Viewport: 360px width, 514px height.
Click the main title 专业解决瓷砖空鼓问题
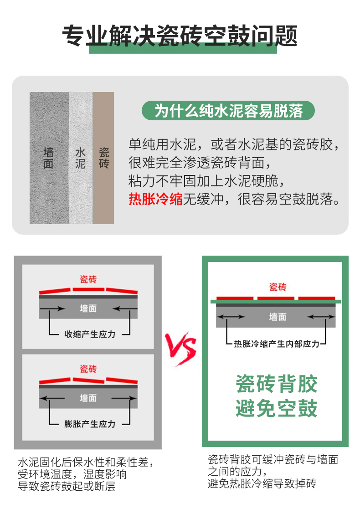tap(180, 35)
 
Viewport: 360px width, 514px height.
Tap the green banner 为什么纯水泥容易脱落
tap(228, 111)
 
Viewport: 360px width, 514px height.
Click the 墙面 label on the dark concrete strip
tap(48, 158)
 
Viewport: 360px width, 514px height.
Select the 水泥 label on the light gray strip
tap(81, 158)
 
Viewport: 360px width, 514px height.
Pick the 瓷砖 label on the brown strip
tap(104, 158)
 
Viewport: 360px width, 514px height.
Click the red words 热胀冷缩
tap(155, 199)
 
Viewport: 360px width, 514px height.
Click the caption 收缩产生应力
tap(90, 334)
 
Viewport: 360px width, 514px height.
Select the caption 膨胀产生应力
tap(90, 424)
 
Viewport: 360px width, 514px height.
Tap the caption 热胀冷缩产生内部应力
tap(277, 344)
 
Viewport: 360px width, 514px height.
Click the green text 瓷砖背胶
tap(277, 384)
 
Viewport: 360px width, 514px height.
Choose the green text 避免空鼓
tap(277, 408)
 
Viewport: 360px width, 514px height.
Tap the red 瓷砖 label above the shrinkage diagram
tap(88, 279)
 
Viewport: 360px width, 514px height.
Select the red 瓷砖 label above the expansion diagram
tap(88, 369)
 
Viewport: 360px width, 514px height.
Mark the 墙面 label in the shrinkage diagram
tap(88, 308)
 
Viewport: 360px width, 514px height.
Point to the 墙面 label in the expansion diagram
tap(88, 398)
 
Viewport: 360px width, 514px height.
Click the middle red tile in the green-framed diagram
tap(276, 298)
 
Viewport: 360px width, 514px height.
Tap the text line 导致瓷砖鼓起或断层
tap(67, 486)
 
